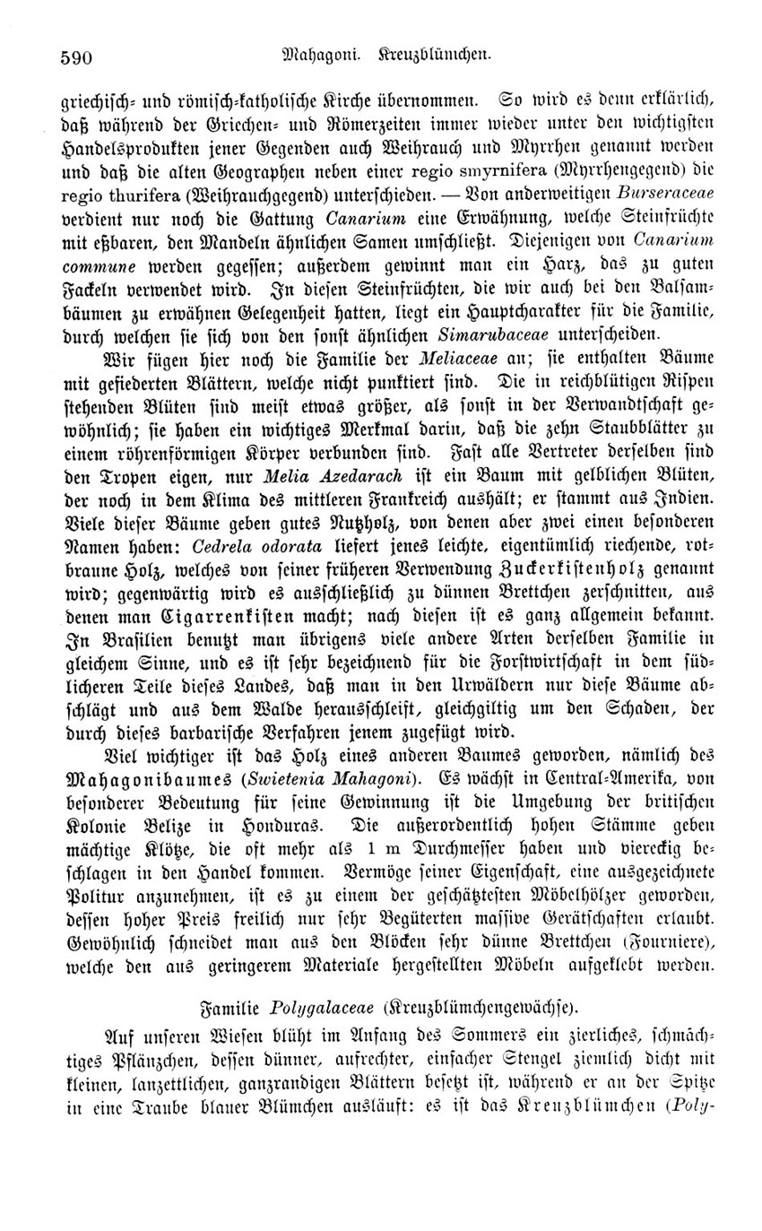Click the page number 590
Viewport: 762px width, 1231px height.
point(76,56)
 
